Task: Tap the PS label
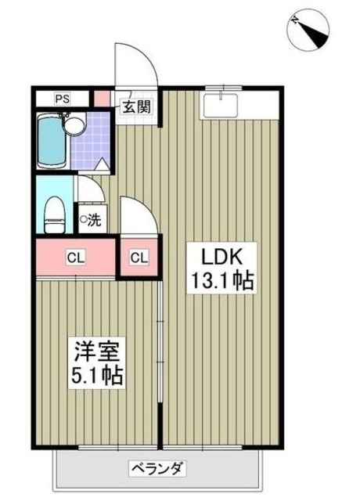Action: [62, 99]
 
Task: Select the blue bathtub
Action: [50, 141]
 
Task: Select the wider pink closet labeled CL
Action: [74, 257]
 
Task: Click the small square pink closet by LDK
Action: [138, 257]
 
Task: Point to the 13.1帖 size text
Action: [221, 281]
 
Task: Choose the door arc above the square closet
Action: [140, 215]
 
